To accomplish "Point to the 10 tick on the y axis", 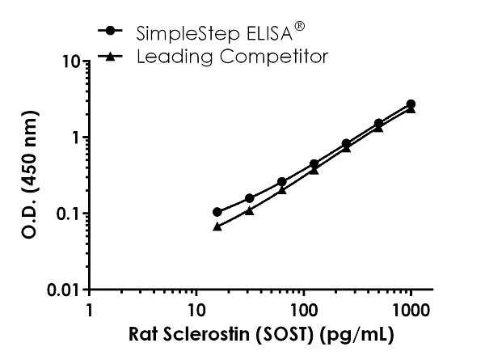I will [70, 61].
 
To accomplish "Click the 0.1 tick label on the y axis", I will [66, 214].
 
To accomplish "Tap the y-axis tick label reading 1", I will [74, 137].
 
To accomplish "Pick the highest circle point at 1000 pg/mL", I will [411, 104].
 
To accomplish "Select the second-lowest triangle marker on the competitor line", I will [249, 210].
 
